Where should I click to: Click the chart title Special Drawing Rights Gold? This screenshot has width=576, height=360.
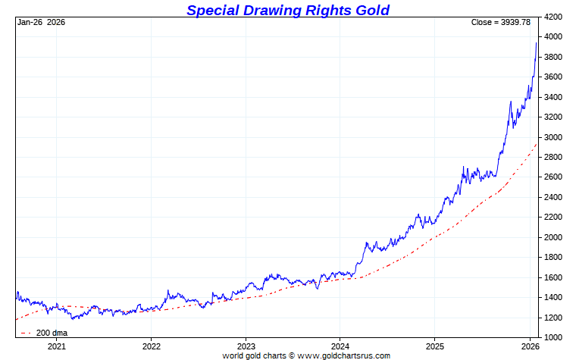pos(287,10)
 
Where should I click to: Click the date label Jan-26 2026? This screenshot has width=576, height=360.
pos(41,22)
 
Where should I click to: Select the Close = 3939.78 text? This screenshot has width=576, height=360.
pos(500,22)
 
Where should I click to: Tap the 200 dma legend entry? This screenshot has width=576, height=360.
pos(52,333)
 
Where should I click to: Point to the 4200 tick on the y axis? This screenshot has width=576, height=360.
pos(553,17)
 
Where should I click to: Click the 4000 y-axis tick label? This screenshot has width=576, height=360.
pos(553,36)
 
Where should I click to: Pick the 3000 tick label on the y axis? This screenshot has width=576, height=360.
pos(553,137)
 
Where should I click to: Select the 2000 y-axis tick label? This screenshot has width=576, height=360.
pos(553,237)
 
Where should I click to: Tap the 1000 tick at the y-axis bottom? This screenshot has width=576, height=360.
pos(553,337)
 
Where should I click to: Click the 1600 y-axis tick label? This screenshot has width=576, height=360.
pos(553,277)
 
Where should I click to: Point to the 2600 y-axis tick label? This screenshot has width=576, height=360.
pos(553,177)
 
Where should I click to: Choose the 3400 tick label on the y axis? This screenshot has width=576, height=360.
pos(553,97)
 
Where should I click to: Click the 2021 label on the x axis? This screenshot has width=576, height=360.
pos(57,346)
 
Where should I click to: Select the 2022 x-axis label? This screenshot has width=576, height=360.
pos(151,346)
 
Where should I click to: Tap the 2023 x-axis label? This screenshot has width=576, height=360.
pos(246,346)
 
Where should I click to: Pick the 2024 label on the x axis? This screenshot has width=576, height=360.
pos(340,346)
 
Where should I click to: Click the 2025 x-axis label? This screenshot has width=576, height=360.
pos(434,346)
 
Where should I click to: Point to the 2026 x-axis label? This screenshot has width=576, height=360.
pos(529,346)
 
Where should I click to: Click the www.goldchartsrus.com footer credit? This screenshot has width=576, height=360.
pos(344,355)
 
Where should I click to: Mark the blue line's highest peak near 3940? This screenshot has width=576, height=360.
pos(537,43)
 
